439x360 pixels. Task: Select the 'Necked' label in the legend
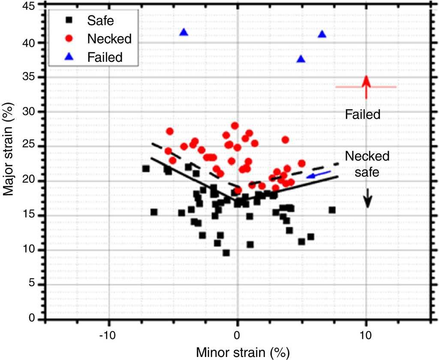click(x=109, y=38)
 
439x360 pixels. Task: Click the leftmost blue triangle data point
click(x=184, y=33)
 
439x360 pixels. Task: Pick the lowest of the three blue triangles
click(x=301, y=59)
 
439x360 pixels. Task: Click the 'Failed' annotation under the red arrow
click(x=363, y=115)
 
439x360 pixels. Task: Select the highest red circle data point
click(x=235, y=126)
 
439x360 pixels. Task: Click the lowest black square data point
click(x=226, y=253)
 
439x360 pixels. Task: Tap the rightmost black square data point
click(x=332, y=210)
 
